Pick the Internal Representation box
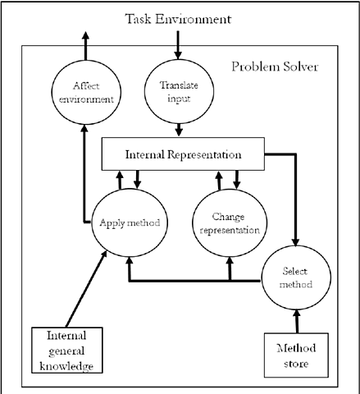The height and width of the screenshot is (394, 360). point(183,153)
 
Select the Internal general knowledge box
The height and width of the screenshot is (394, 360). point(66,349)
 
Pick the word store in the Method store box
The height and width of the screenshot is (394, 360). point(296,363)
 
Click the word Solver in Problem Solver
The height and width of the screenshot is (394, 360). point(300,66)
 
